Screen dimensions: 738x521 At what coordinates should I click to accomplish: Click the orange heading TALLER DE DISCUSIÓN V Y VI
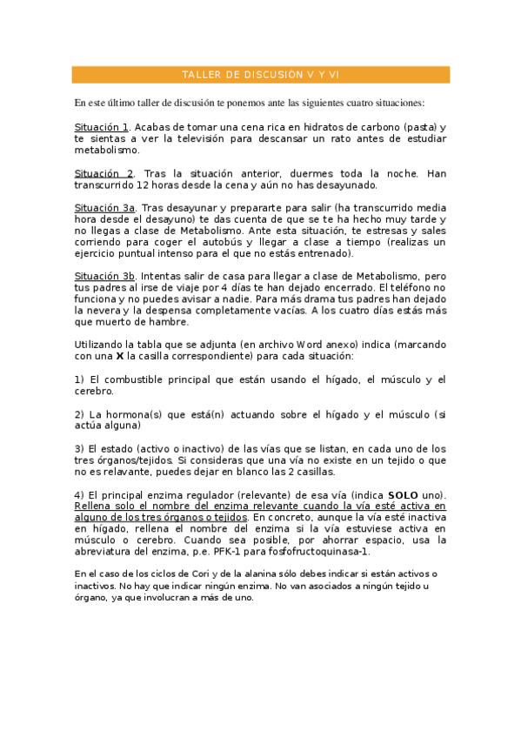click(260, 76)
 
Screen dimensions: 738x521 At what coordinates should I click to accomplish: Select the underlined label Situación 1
click(102, 127)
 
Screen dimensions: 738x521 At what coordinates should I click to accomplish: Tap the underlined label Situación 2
click(104, 173)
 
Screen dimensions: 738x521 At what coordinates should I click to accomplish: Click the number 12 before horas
click(144, 184)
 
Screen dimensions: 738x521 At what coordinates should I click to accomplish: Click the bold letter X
click(120, 356)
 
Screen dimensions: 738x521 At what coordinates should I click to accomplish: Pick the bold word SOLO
click(404, 494)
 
